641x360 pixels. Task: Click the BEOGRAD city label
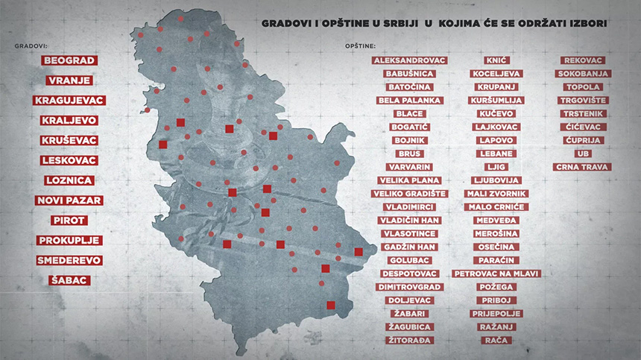69,60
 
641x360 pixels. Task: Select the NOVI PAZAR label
69,200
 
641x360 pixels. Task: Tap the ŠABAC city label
69,281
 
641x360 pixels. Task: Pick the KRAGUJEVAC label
69,101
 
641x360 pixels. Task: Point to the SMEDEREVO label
69,261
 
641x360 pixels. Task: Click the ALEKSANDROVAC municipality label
409,60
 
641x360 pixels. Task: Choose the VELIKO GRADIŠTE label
409,194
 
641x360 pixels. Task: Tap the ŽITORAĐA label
409,340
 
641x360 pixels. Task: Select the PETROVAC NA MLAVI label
496,274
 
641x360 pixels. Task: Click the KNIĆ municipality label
496,60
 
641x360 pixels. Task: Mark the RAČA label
496,340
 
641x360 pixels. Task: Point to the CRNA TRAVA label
583,167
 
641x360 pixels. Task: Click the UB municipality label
583,154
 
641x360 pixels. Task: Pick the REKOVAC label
583,60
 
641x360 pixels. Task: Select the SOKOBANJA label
583,74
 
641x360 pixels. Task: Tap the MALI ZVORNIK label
496,194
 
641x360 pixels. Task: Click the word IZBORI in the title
586,24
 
